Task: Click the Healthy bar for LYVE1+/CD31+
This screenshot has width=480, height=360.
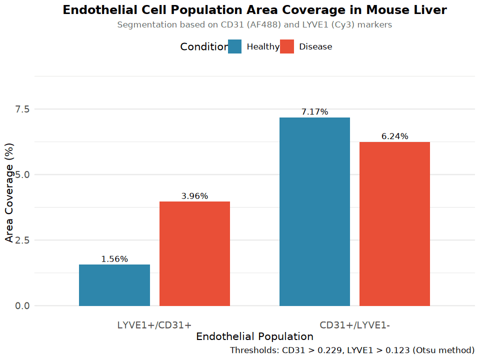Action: click(114, 285)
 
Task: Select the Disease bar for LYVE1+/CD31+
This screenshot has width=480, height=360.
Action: click(194, 253)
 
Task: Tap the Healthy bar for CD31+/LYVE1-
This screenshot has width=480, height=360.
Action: click(314, 211)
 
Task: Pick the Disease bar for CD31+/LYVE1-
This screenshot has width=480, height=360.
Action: click(394, 223)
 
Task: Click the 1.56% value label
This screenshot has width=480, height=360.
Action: click(114, 259)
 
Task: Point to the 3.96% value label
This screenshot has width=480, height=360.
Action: click(194, 196)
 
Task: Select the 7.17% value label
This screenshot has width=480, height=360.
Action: click(314, 112)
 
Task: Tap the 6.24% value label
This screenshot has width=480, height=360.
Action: click(394, 136)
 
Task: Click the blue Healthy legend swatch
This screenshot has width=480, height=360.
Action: click(235, 46)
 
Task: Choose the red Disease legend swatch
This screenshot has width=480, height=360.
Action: click(287, 46)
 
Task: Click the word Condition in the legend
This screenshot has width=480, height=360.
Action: click(204, 46)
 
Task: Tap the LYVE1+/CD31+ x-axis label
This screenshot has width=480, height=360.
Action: click(154, 325)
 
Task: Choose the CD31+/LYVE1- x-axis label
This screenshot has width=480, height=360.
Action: click(354, 325)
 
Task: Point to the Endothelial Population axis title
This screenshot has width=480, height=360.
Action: click(254, 336)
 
